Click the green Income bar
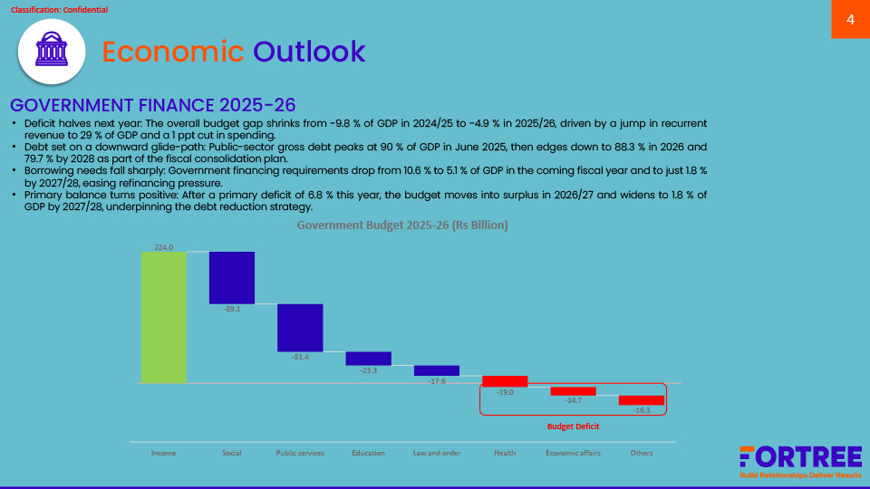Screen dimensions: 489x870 163,317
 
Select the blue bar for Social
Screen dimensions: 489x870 232,277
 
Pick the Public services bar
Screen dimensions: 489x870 300,327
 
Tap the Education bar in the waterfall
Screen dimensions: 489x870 368,359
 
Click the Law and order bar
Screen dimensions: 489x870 437,370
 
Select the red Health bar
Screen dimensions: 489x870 505,381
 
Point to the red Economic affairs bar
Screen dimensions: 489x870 573,391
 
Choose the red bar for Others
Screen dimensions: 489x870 642,400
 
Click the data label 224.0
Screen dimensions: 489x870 163,246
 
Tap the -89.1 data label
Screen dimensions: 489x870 232,310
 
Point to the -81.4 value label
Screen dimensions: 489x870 300,357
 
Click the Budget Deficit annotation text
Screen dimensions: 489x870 573,426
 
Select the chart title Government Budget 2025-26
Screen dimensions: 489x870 402,225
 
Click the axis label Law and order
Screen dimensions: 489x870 437,453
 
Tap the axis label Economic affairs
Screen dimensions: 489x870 573,453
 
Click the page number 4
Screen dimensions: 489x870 850,20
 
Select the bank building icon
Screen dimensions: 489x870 52,52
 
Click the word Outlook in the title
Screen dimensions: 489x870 309,52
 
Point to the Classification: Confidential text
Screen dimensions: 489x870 59,10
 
